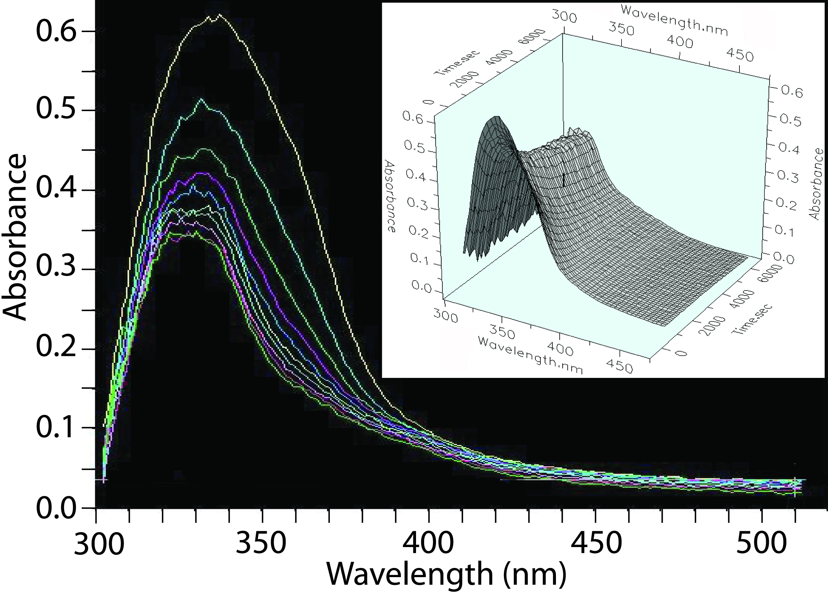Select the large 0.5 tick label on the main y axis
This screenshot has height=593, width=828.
(x=56, y=110)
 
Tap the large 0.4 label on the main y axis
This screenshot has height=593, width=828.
(x=56, y=190)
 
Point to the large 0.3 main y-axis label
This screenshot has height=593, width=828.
(x=56, y=269)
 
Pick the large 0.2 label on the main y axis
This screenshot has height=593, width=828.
(x=56, y=348)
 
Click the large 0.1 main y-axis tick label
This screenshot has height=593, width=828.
(x=56, y=428)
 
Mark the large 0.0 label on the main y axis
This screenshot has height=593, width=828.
(x=56, y=508)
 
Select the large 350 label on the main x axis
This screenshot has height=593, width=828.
(x=261, y=544)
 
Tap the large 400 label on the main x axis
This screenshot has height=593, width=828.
(x=428, y=544)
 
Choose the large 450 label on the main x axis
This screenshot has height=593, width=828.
(x=596, y=544)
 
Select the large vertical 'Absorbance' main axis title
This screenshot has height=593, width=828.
(x=15, y=237)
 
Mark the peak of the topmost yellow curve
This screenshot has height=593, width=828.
(x=219, y=15)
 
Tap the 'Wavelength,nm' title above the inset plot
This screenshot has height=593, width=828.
(x=674, y=21)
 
